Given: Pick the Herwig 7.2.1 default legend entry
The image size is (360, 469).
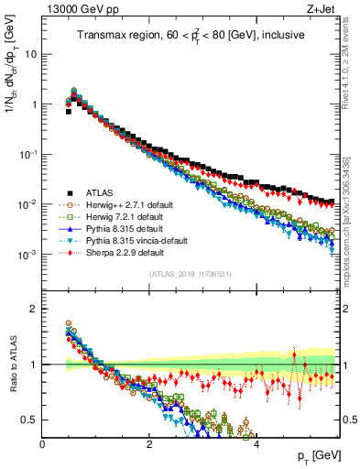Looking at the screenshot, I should (110, 218).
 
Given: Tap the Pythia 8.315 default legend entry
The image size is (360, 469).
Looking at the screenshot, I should (106, 229).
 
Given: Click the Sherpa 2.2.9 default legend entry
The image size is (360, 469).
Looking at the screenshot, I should (106, 251).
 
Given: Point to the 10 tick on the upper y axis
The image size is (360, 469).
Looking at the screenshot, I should (32, 54).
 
